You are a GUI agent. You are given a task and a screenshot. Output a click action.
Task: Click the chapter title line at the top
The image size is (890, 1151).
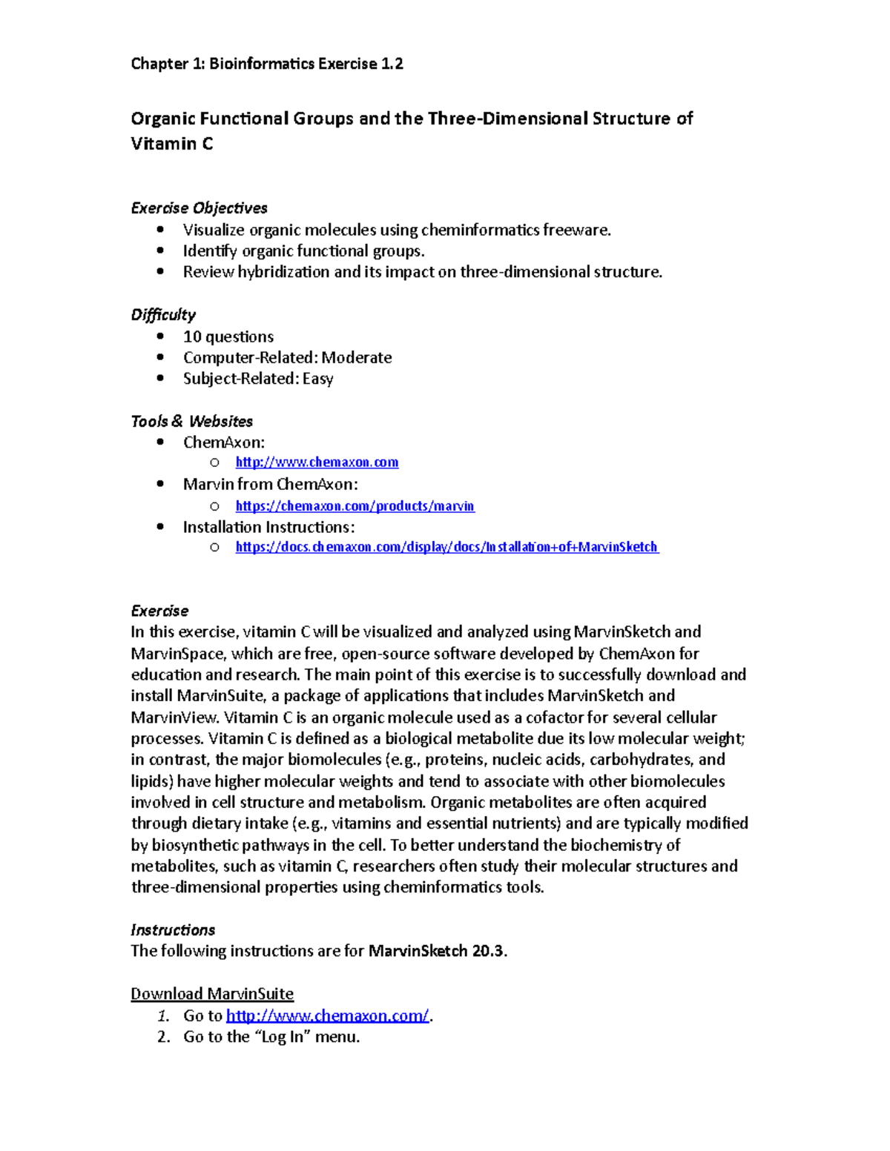267,64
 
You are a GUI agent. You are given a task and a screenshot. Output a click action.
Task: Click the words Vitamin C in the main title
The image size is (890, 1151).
172,144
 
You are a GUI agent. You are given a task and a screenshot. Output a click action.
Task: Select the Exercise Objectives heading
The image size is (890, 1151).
199,208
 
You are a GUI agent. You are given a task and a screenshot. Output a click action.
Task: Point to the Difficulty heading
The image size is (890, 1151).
163,314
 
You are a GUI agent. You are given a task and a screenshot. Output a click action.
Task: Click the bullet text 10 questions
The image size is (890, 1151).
228,336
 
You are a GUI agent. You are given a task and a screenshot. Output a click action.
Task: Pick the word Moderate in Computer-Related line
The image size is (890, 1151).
357,357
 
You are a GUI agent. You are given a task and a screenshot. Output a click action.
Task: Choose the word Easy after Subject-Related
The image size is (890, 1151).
318,379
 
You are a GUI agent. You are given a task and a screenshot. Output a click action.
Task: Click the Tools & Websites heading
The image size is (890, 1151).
191,421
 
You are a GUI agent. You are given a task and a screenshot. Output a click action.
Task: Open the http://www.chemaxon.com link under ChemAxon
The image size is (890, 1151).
317,462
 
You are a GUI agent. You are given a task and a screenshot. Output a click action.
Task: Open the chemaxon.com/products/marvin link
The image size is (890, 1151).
355,506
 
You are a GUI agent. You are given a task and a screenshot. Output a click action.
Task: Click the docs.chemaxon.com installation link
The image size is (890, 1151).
446,547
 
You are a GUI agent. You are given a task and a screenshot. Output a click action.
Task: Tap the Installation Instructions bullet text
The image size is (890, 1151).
268,527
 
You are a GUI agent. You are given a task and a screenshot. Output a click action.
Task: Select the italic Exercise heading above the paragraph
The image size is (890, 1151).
159,611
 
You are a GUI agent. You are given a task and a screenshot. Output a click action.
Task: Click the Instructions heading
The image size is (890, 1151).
173,929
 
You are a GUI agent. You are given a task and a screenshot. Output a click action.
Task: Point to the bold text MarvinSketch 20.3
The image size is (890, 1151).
437,951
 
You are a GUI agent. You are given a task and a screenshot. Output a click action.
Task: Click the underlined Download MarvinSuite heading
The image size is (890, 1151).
212,994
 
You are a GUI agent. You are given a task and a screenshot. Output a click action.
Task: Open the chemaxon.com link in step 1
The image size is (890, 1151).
327,1015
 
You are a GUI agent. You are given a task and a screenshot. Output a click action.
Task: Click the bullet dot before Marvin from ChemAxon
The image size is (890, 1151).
160,484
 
